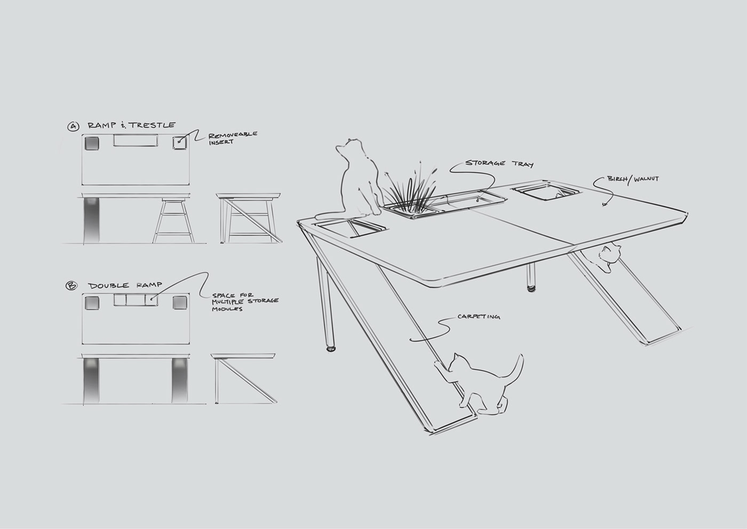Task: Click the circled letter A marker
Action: (73, 127)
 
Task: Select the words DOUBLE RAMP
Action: (125, 285)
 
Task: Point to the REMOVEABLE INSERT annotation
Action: (233, 137)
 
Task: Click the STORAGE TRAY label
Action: (499, 164)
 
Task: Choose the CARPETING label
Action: (479, 317)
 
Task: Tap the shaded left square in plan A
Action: (91, 144)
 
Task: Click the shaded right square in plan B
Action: (179, 302)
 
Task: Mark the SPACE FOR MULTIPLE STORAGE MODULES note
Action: (245, 302)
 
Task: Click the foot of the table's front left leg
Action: (332, 350)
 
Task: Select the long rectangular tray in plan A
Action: (137, 141)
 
